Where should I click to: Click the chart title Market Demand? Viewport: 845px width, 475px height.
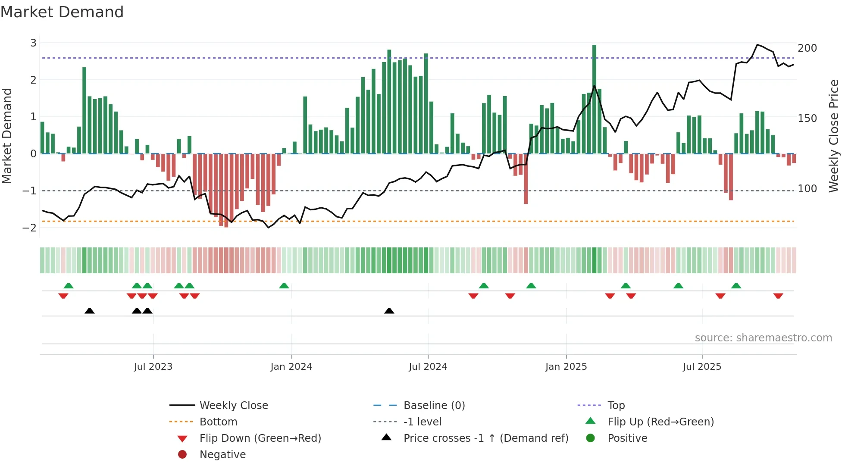(x=62, y=12)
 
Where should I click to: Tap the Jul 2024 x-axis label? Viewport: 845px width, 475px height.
(x=428, y=367)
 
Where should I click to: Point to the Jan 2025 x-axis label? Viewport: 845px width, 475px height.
(x=566, y=367)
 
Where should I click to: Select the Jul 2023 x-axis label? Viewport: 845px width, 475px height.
(x=153, y=367)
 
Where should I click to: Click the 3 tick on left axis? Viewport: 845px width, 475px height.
(x=33, y=43)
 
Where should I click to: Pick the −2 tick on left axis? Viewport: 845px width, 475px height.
(x=30, y=228)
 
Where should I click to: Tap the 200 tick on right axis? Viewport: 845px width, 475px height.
(x=807, y=48)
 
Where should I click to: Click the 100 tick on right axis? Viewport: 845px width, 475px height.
(x=807, y=189)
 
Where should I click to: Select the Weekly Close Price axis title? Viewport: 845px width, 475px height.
(x=834, y=136)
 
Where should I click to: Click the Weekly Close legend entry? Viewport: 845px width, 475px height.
(x=233, y=406)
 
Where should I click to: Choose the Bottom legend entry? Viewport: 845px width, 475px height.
(x=218, y=422)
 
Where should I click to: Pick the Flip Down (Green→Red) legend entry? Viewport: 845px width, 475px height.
(x=260, y=438)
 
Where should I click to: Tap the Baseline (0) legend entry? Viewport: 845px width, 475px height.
(x=434, y=406)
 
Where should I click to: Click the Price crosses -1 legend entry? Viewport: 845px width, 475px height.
(x=485, y=438)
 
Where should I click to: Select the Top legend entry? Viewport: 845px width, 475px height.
(x=616, y=406)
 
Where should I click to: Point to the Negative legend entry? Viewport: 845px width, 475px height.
(x=222, y=455)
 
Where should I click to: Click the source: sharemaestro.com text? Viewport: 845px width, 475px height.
(x=763, y=338)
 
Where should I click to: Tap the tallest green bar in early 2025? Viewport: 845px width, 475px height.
(x=594, y=99)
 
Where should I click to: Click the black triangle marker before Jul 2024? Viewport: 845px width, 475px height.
(x=389, y=311)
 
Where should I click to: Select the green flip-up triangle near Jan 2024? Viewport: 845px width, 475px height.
(x=284, y=286)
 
